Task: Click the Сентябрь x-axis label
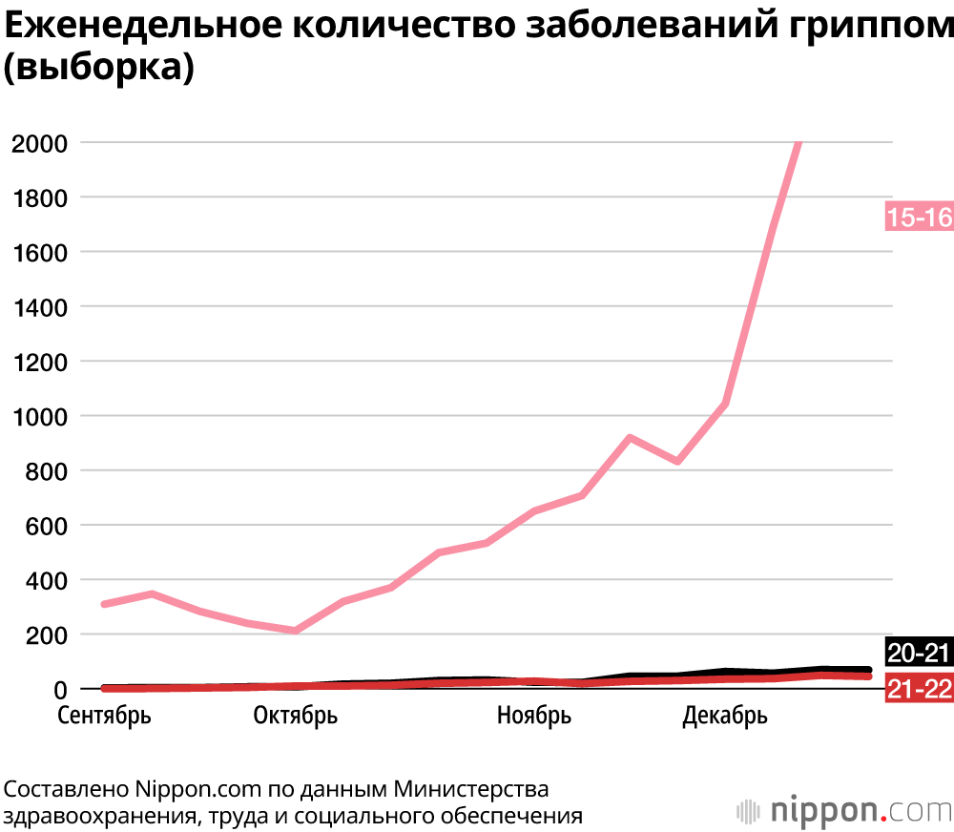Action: point(104,716)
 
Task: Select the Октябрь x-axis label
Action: point(296,716)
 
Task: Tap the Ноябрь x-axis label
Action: point(534,716)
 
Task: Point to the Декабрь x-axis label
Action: point(725,716)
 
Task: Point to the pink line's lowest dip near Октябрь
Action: point(296,631)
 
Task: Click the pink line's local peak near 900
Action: point(630,438)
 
